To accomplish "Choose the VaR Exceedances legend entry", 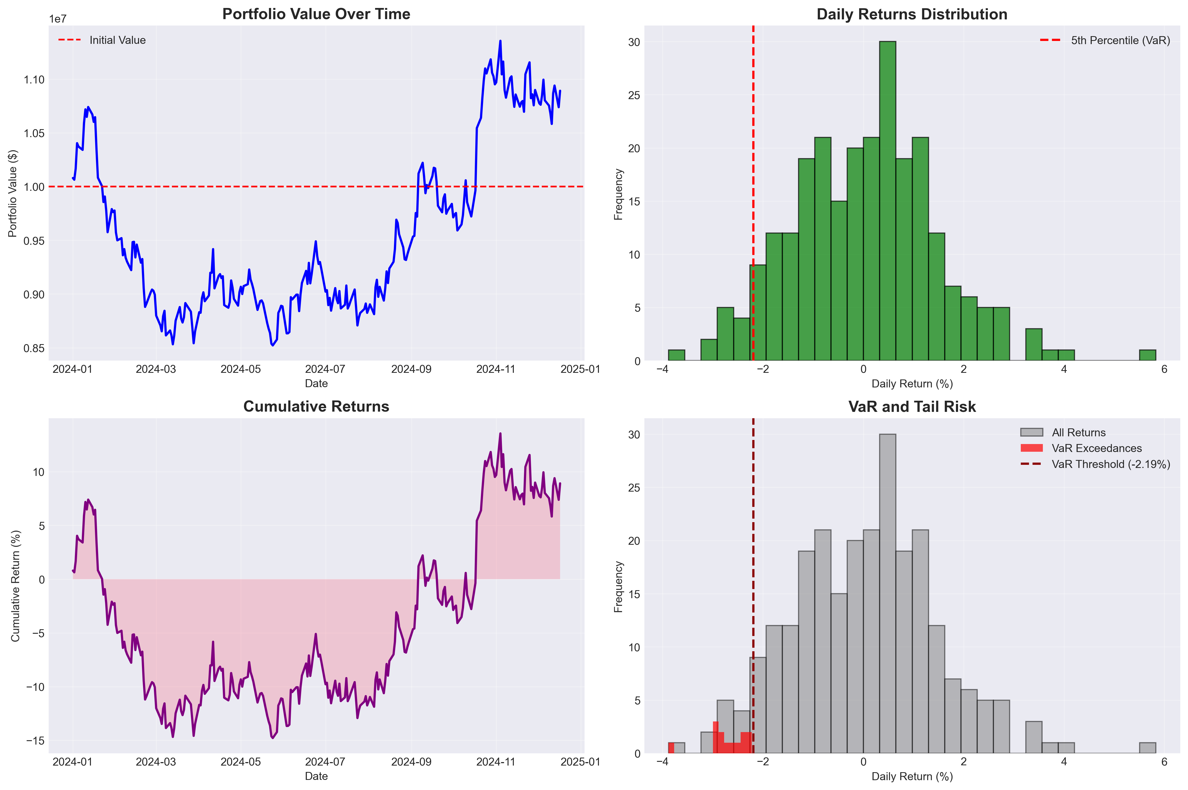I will (x=1096, y=448).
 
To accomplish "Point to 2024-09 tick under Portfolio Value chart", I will (x=411, y=369).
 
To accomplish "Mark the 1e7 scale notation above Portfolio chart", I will (x=57, y=19).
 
